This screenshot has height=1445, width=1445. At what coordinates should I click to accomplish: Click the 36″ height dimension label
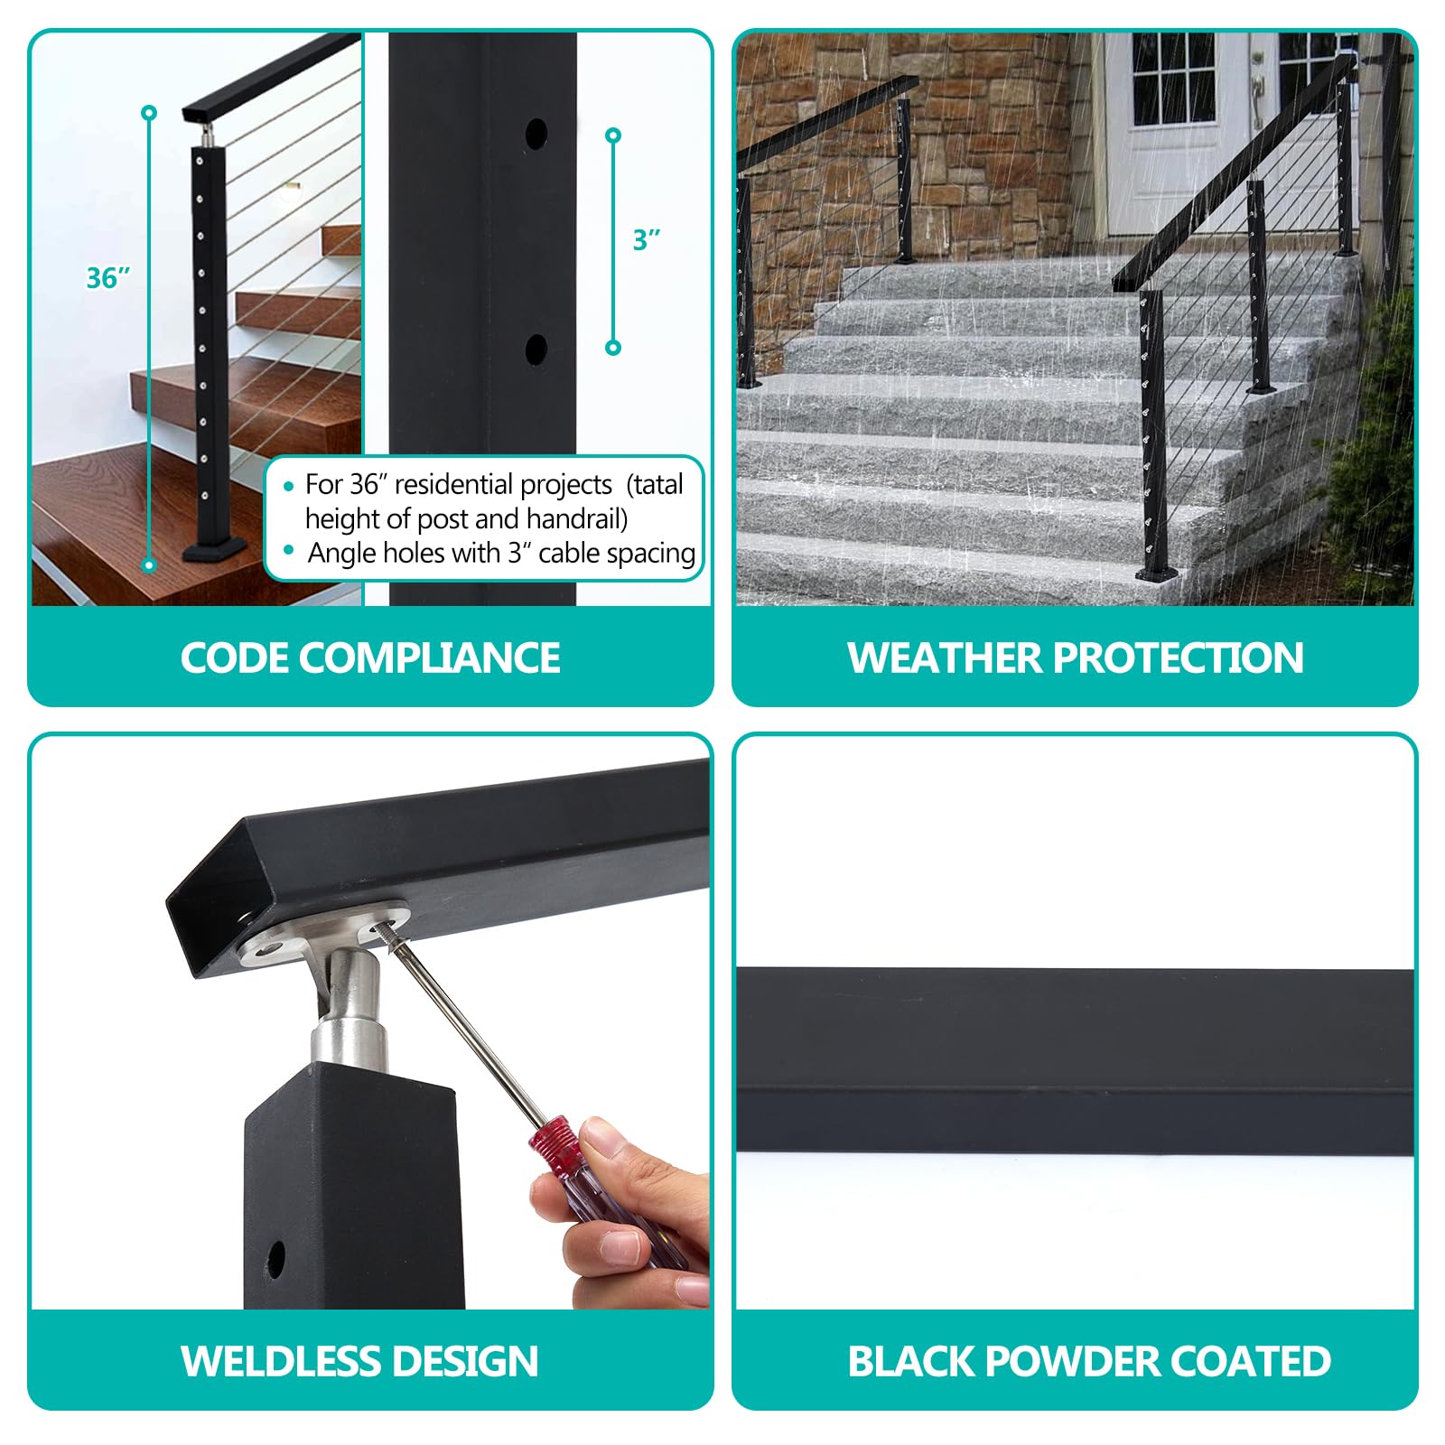(x=108, y=277)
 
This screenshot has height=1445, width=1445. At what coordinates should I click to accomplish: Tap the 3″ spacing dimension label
(x=647, y=240)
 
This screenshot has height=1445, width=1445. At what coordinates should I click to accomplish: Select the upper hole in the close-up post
(x=536, y=135)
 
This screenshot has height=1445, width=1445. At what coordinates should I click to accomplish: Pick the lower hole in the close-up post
(x=536, y=350)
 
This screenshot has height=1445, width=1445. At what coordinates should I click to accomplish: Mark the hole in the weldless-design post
(x=275, y=1259)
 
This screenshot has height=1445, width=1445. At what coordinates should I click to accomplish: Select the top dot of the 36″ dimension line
(x=149, y=113)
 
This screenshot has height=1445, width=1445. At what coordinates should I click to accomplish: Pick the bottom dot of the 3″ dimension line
(x=613, y=348)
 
